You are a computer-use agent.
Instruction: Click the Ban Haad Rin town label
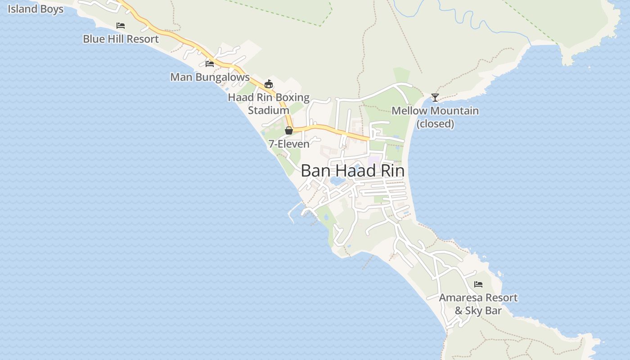coord(352,171)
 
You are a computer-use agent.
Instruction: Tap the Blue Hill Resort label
coord(121,39)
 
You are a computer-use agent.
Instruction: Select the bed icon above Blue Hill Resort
coord(121,26)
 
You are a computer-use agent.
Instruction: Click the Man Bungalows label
coord(210,77)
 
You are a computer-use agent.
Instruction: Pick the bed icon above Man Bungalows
coord(210,64)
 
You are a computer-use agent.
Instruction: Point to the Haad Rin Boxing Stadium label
coord(269,103)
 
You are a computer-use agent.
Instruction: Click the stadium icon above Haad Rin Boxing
coord(269,84)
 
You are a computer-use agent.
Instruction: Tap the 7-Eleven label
coord(289,144)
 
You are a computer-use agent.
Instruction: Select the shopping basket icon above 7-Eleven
coord(289,130)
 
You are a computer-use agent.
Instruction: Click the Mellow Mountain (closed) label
coord(435,117)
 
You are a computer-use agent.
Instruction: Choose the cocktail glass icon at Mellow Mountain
coord(435,97)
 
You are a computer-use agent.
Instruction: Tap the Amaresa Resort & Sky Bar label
coord(478,304)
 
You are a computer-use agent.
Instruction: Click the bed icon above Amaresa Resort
coord(478,284)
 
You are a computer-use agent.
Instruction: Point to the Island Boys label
coord(35,9)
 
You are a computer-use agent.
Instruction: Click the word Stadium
coord(269,110)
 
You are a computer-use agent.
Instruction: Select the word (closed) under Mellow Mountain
coord(435,124)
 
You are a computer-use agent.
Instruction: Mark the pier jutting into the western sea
coord(293,211)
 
